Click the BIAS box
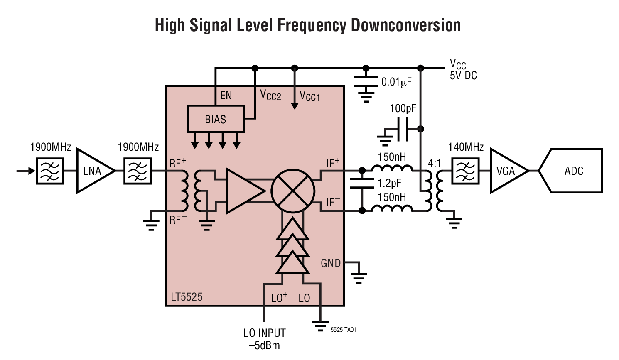click(216, 120)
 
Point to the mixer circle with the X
click(293, 191)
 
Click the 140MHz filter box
click(465, 171)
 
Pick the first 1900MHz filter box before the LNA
click(50, 171)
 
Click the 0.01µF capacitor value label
click(396, 82)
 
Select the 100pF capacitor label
click(403, 109)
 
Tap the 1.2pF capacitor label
click(389, 183)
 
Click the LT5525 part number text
click(187, 297)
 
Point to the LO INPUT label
click(264, 333)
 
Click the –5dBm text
click(264, 345)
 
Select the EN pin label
click(226, 96)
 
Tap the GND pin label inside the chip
click(331, 263)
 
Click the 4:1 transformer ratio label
click(434, 163)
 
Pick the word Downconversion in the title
click(406, 25)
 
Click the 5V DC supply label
click(463, 76)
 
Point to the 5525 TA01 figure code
click(344, 330)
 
